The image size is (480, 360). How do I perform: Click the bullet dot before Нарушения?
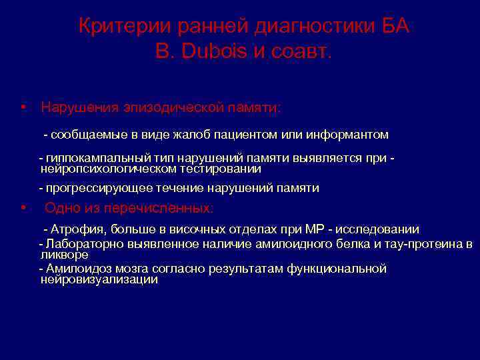(23, 107)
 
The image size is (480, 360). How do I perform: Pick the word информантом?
(347, 135)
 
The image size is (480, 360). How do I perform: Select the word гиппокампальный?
(88, 158)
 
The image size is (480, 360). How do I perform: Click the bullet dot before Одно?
(23, 208)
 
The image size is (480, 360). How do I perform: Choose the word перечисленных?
(167, 209)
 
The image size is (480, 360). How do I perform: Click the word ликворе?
(64, 255)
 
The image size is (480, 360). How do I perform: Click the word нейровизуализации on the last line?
(99, 280)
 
